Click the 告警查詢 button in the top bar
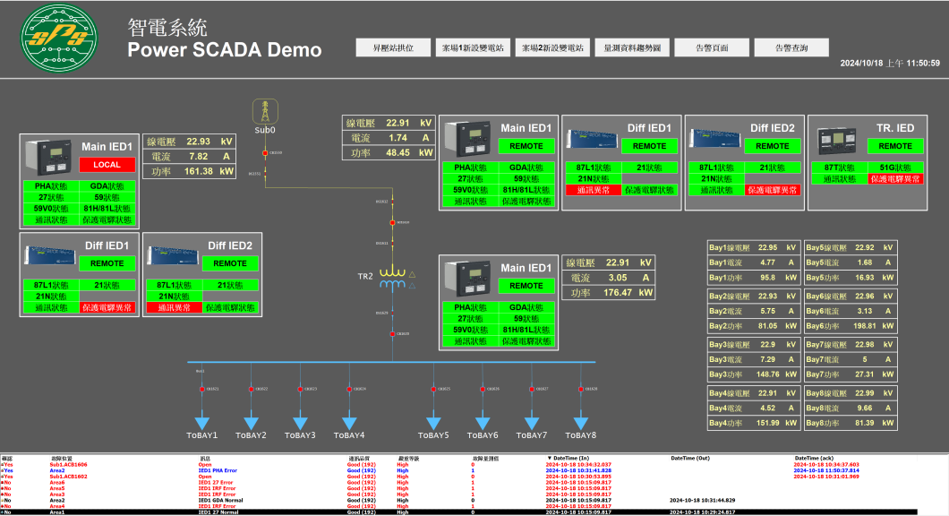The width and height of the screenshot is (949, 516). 791,47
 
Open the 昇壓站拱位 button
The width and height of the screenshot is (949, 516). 393,47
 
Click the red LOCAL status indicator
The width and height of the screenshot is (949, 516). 107,165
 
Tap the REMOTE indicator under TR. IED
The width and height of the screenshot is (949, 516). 894,146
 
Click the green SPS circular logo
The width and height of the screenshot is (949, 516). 56,39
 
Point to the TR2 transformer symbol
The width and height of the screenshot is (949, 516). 392,279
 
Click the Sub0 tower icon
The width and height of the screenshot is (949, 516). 264,111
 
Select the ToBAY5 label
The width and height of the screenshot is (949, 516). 433,435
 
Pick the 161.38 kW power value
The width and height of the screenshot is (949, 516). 197,171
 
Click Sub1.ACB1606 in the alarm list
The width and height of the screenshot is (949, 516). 68,465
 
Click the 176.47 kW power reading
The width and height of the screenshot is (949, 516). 618,293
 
